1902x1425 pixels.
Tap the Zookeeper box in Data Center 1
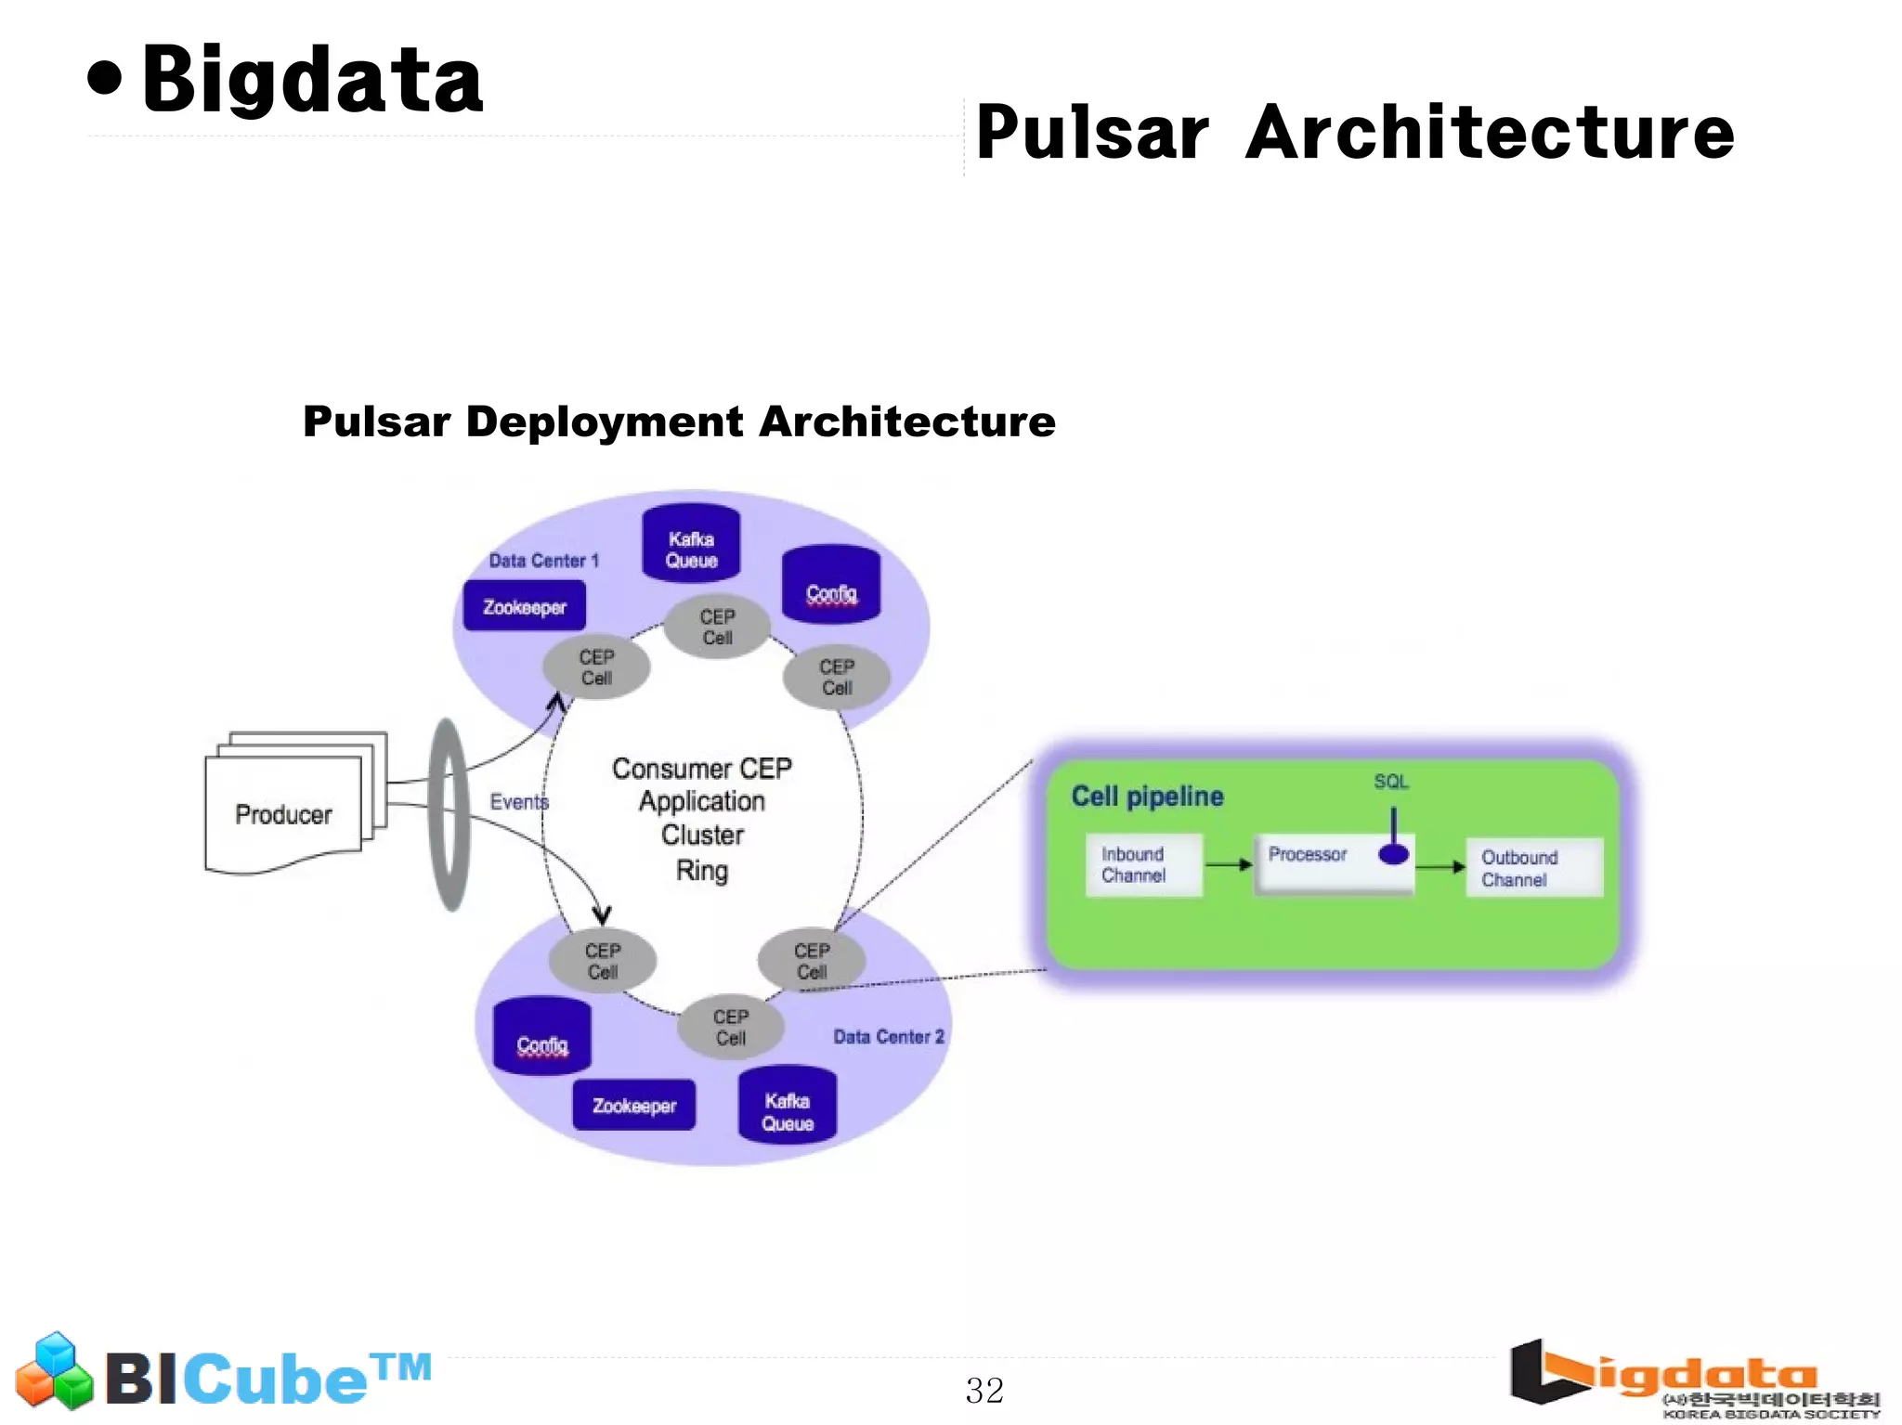pos(525,606)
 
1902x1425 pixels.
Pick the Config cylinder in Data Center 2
pos(542,1039)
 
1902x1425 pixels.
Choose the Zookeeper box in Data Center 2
pos(634,1105)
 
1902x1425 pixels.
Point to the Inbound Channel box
pos(1143,864)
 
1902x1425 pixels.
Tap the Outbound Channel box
pos(1533,868)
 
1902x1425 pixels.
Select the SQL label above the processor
pos(1391,782)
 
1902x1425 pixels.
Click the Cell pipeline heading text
pos(1147,797)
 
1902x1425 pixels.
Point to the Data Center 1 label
pos(543,561)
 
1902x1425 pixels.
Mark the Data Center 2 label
pos(888,1037)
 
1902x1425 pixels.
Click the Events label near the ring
pos(518,802)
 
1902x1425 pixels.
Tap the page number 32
pos(984,1390)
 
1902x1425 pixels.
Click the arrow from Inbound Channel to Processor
pos(1229,864)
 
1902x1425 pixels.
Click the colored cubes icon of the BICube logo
pos(55,1372)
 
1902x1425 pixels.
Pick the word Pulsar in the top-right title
pos(1092,133)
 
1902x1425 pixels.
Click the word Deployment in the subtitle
pos(605,422)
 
